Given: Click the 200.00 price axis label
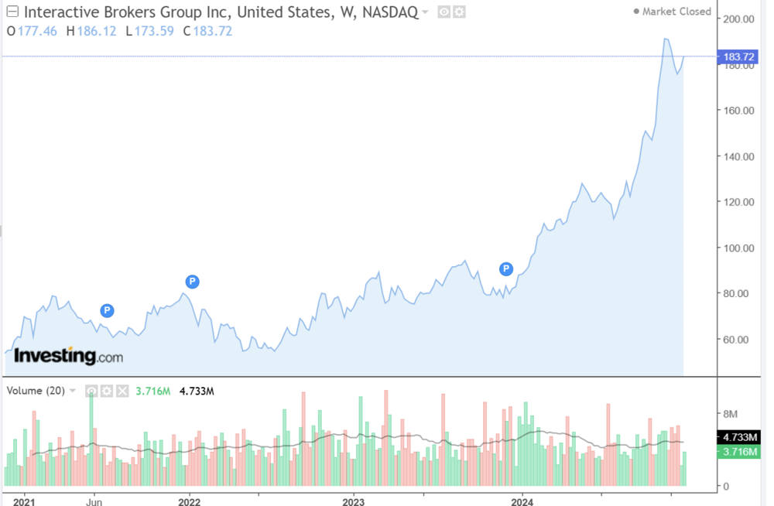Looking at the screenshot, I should (739, 19).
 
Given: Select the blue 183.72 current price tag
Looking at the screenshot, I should (739, 56).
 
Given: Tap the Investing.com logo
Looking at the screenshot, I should (68, 356).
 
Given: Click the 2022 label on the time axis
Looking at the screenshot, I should (190, 501).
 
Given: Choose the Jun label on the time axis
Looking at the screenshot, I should (94, 501).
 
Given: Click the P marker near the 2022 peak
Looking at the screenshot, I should (192, 282).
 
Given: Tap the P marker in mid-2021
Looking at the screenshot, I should (108, 311).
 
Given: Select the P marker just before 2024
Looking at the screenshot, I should (506, 269).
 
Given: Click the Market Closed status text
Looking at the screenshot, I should (676, 12).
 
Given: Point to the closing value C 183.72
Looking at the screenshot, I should (207, 31).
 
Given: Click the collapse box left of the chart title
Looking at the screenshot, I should (12, 12).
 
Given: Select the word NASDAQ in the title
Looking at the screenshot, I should (390, 12).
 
